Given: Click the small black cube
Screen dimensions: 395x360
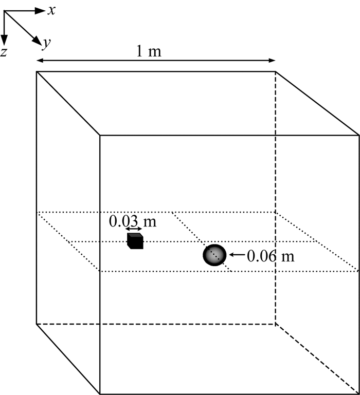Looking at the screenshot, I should (135, 241).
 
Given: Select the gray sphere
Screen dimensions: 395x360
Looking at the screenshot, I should (214, 255).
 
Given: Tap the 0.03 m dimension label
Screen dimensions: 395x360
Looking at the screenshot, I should (132, 222).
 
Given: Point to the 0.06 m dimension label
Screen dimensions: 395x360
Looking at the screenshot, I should (271, 255).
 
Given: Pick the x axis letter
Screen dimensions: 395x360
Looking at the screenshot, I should (51, 10).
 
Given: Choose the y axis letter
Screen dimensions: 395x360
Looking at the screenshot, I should (46, 44).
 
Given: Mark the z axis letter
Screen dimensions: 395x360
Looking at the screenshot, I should (4, 51).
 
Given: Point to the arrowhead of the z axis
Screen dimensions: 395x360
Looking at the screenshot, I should (4, 39).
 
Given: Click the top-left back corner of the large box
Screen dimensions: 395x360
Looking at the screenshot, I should (37, 72).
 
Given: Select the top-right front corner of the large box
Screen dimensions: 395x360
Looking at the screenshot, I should (358, 136).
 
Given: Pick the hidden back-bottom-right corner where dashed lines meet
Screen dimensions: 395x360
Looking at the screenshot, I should (275, 324).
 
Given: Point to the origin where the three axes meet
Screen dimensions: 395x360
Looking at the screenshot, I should (5, 11).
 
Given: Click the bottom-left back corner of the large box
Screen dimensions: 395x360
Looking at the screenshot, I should (37, 324).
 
